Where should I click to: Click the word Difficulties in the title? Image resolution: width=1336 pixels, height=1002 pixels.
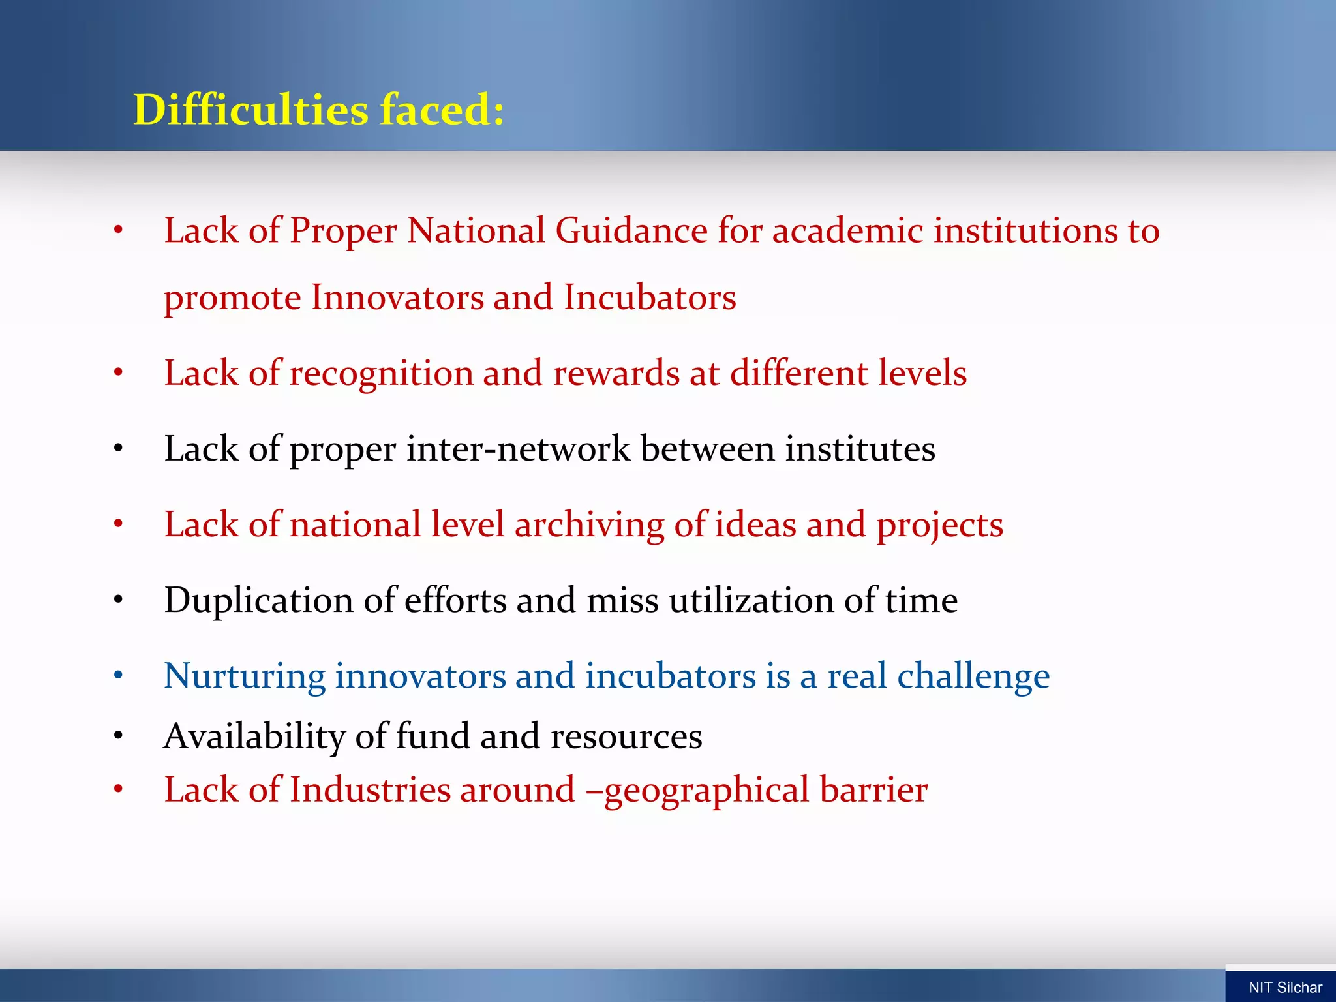point(250,109)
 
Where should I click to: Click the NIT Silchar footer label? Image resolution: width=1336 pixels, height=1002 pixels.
point(1284,988)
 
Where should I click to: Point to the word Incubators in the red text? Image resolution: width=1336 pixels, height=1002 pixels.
point(650,297)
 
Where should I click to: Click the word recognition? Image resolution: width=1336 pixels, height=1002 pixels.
point(381,374)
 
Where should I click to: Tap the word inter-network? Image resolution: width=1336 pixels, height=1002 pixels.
point(519,449)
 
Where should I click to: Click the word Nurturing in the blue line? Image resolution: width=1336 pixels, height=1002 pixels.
point(244,676)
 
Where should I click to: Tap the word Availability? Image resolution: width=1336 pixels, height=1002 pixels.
point(254,736)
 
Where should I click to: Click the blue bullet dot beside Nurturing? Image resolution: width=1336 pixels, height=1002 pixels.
point(118,676)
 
